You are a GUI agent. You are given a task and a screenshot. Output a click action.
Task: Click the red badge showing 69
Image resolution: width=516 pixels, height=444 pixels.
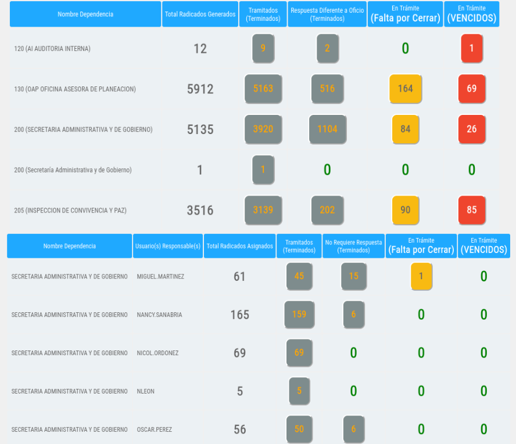click(471, 89)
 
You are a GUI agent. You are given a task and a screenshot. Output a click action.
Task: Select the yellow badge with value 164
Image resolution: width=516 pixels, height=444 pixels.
click(405, 89)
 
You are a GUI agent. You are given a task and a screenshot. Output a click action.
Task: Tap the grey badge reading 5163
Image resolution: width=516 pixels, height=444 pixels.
click(263, 89)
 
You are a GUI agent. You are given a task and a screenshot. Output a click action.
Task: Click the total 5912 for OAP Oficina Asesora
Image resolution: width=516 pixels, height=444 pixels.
click(200, 89)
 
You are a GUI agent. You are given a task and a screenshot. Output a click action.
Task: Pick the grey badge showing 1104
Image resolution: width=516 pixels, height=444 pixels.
click(327, 129)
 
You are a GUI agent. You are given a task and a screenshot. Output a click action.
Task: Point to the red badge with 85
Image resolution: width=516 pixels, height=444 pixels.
click(471, 210)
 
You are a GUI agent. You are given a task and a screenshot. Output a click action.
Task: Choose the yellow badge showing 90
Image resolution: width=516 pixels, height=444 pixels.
click(405, 210)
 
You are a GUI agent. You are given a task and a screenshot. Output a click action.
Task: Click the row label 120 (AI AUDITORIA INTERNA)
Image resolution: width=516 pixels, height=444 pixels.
click(52, 49)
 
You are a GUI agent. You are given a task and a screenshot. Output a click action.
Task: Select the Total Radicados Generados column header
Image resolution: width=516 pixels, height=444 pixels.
click(200, 14)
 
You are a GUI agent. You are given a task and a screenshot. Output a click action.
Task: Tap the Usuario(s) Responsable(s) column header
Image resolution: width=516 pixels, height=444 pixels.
click(168, 246)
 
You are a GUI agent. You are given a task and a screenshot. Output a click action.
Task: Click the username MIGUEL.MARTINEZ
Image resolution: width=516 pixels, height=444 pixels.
click(160, 277)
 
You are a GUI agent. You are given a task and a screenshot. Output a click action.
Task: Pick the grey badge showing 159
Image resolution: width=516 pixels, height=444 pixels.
click(299, 315)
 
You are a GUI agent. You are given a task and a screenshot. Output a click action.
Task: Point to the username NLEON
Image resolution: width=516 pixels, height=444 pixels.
click(146, 392)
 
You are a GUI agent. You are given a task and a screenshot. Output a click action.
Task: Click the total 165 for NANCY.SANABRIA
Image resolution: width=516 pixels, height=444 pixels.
click(239, 315)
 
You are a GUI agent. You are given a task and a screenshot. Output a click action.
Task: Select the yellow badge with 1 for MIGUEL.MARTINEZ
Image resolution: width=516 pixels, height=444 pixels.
click(421, 276)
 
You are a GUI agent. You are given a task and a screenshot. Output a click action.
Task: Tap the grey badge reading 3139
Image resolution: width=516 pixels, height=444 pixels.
click(263, 210)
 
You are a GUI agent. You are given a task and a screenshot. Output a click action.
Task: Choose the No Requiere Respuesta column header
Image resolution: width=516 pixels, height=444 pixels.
click(353, 246)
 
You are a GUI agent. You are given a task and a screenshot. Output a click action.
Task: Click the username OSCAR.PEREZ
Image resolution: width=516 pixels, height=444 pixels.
click(154, 430)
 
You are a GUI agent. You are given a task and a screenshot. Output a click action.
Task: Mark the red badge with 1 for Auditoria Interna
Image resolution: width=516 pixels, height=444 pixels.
click(471, 49)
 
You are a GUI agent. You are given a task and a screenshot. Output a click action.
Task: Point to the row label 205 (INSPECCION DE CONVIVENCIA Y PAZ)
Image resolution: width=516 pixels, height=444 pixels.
click(70, 210)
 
